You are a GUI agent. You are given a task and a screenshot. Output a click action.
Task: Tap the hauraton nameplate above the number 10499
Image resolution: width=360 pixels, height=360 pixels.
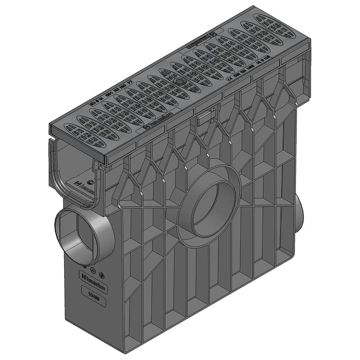[93, 279]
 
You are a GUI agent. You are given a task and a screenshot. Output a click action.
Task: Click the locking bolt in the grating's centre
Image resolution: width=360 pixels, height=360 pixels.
[179, 82]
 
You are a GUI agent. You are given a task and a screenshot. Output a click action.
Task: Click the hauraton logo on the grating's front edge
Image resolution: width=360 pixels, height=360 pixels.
[157, 121]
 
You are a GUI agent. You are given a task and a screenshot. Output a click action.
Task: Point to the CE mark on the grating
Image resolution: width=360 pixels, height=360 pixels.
[229, 78]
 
